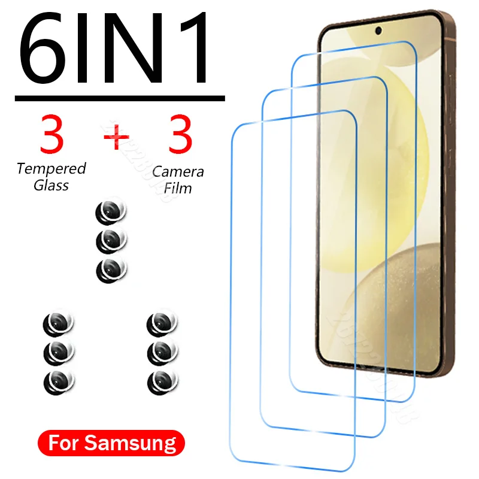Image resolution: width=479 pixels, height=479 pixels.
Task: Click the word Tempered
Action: click(51, 169)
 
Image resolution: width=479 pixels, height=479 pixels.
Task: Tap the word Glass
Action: click(51, 185)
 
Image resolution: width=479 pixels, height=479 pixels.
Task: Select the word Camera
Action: click(178, 172)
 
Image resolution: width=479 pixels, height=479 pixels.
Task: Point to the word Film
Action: click(178, 188)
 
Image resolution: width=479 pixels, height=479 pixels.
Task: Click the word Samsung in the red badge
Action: click(141, 444)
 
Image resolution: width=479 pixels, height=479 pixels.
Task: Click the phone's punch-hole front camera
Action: click(380, 31)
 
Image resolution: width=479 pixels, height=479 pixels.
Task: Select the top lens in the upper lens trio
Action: click(111, 213)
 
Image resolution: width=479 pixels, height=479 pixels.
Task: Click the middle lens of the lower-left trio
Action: click(59, 351)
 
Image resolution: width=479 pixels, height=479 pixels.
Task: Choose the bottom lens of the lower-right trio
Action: click(162, 379)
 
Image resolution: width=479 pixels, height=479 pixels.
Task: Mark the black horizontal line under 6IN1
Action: click(120, 98)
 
